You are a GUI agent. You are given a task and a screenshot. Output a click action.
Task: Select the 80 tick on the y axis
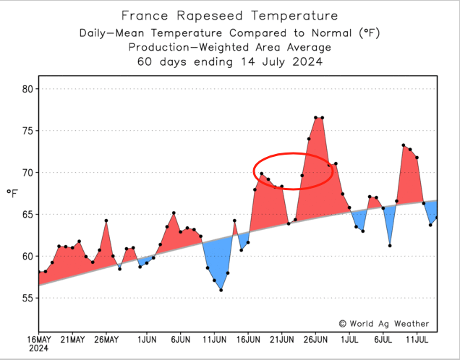coord(27,89)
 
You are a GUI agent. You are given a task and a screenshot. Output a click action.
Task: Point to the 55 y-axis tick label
coord(27,298)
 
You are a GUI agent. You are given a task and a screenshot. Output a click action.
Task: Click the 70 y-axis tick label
coord(27,173)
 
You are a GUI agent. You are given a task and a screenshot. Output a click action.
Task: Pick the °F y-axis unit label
coord(12,193)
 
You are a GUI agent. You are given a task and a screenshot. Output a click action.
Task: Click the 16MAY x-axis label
coord(39,338)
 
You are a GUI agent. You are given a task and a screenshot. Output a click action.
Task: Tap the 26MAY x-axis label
coord(106,338)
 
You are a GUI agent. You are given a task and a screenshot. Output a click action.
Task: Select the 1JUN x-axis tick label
coord(147,338)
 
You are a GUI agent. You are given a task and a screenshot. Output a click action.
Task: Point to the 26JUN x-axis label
coord(316,338)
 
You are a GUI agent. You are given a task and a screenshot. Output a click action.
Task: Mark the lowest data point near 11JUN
coord(221,290)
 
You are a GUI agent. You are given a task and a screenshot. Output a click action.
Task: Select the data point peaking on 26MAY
coord(106,220)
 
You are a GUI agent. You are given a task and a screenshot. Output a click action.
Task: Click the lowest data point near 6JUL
coord(390,246)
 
